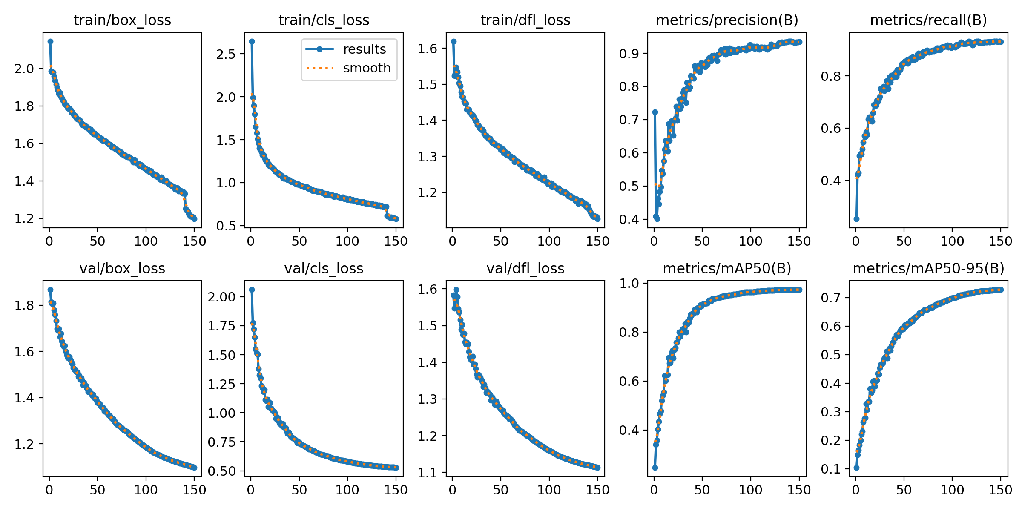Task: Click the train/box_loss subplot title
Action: tap(122, 20)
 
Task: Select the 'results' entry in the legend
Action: tap(364, 49)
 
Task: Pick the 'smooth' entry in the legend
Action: tap(367, 68)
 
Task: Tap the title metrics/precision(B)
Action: tap(727, 20)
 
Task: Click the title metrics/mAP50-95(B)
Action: tap(928, 268)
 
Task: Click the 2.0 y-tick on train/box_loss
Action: tap(24, 69)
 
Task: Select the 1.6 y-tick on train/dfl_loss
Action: tap(428, 49)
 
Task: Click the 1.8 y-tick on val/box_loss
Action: tap(24, 305)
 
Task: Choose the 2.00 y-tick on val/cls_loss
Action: tap(221, 297)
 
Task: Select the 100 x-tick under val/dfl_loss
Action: tap(549, 490)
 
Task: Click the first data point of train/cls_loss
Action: tap(252, 41)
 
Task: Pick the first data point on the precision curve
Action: tap(655, 112)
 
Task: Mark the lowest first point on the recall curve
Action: tap(856, 219)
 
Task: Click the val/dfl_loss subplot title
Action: tap(525, 268)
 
